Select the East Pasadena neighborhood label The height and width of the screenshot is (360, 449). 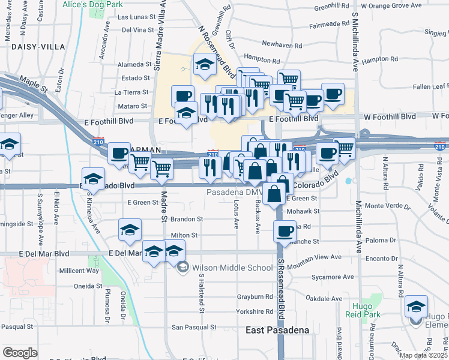point(277,331)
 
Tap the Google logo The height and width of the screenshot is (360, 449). point(20,353)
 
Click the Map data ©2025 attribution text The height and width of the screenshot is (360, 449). point(423,355)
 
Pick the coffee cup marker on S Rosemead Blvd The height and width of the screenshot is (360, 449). point(285,231)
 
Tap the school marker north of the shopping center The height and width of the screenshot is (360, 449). point(205,64)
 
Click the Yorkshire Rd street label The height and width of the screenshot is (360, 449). point(255,312)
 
